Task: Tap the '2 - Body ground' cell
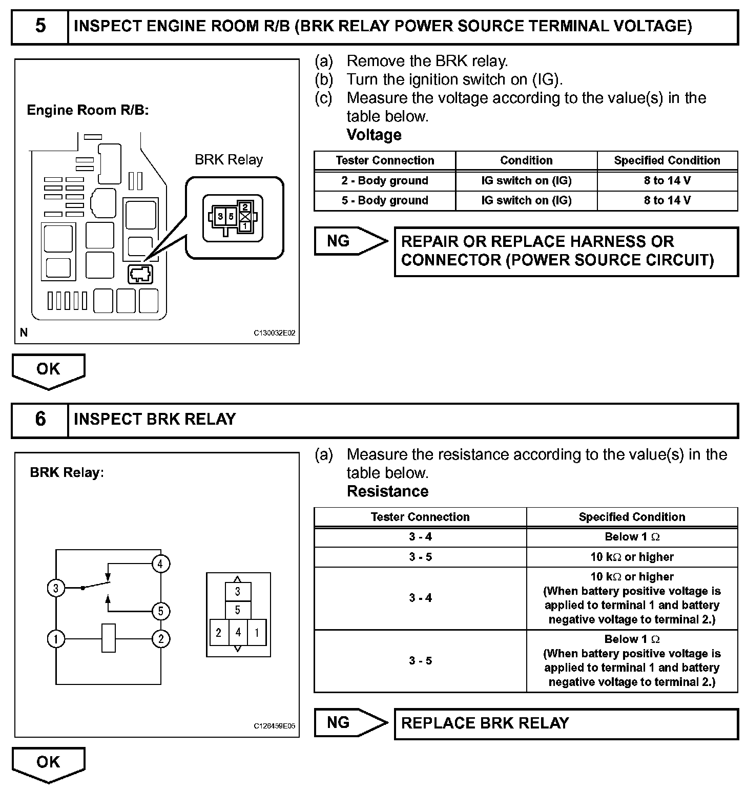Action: click(x=385, y=180)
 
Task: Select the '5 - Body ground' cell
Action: click(x=385, y=200)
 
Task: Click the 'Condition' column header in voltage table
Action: click(x=526, y=160)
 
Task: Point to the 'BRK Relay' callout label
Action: click(x=229, y=160)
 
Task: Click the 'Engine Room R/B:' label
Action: click(x=88, y=110)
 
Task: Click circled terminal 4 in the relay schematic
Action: click(x=160, y=564)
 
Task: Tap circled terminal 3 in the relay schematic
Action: click(x=56, y=588)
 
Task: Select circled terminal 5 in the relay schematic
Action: click(x=160, y=611)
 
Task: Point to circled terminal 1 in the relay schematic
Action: click(x=56, y=639)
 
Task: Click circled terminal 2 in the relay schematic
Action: click(x=160, y=639)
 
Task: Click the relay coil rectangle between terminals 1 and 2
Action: click(x=109, y=638)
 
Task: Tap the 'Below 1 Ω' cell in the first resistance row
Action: click(x=632, y=537)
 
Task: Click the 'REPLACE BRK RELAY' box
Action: click(x=566, y=723)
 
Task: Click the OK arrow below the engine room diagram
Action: click(x=48, y=370)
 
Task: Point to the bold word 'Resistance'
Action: click(x=387, y=491)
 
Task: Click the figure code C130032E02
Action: click(x=275, y=333)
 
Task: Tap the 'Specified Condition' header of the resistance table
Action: click(x=632, y=517)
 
